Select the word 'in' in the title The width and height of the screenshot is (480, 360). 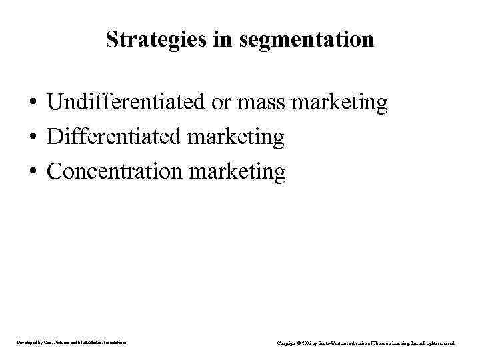pos(222,39)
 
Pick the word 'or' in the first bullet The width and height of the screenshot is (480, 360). pos(219,103)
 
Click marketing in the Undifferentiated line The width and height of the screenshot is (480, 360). pos(339,103)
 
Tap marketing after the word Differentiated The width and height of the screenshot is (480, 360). pos(237,137)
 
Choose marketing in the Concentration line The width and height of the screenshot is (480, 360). pos(238,171)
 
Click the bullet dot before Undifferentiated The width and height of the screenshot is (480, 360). pos(32,104)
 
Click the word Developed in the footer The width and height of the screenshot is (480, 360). pos(28,343)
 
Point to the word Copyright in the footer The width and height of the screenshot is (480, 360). pos(287,343)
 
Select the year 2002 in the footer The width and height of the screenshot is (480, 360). pos(309,343)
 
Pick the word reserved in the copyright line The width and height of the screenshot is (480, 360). pos(447,343)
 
